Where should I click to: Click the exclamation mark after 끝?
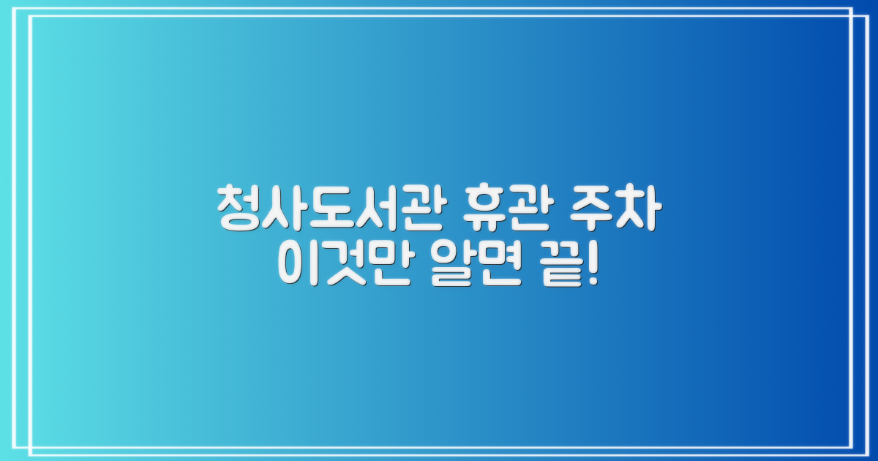(x=591, y=267)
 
